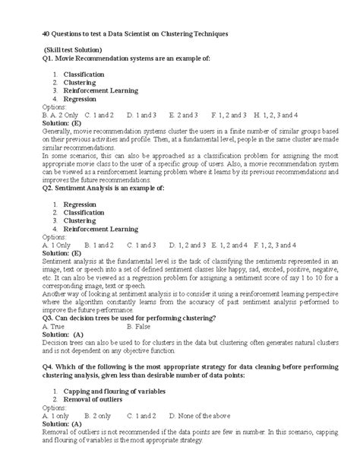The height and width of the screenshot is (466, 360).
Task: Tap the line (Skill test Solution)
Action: click(73, 49)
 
